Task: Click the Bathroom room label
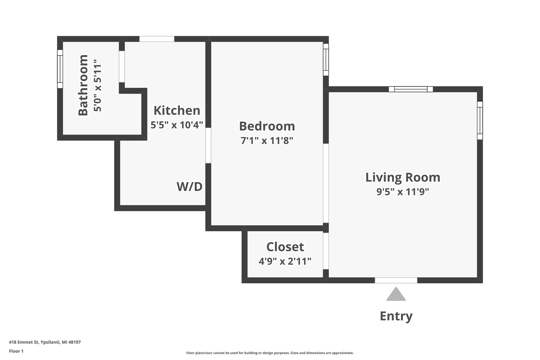[x=83, y=85]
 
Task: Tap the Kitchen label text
[x=177, y=110]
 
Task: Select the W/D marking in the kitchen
[x=189, y=187]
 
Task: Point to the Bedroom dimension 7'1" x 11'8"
[x=267, y=140]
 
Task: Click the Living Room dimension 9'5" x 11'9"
[x=403, y=192]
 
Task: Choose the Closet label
[x=285, y=247]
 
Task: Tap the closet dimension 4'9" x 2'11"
[x=285, y=261]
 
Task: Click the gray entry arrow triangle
[x=396, y=294]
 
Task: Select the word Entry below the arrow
[x=396, y=316]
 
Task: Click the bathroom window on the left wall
[x=60, y=69]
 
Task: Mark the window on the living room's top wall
[x=411, y=89]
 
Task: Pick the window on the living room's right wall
[x=480, y=120]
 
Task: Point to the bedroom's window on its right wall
[x=326, y=60]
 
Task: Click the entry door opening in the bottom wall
[x=396, y=280]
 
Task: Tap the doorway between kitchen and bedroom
[x=208, y=145]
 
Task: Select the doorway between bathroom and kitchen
[x=122, y=67]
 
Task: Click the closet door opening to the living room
[x=326, y=251]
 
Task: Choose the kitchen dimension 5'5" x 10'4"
[x=177, y=125]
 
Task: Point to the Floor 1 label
[x=16, y=351]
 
